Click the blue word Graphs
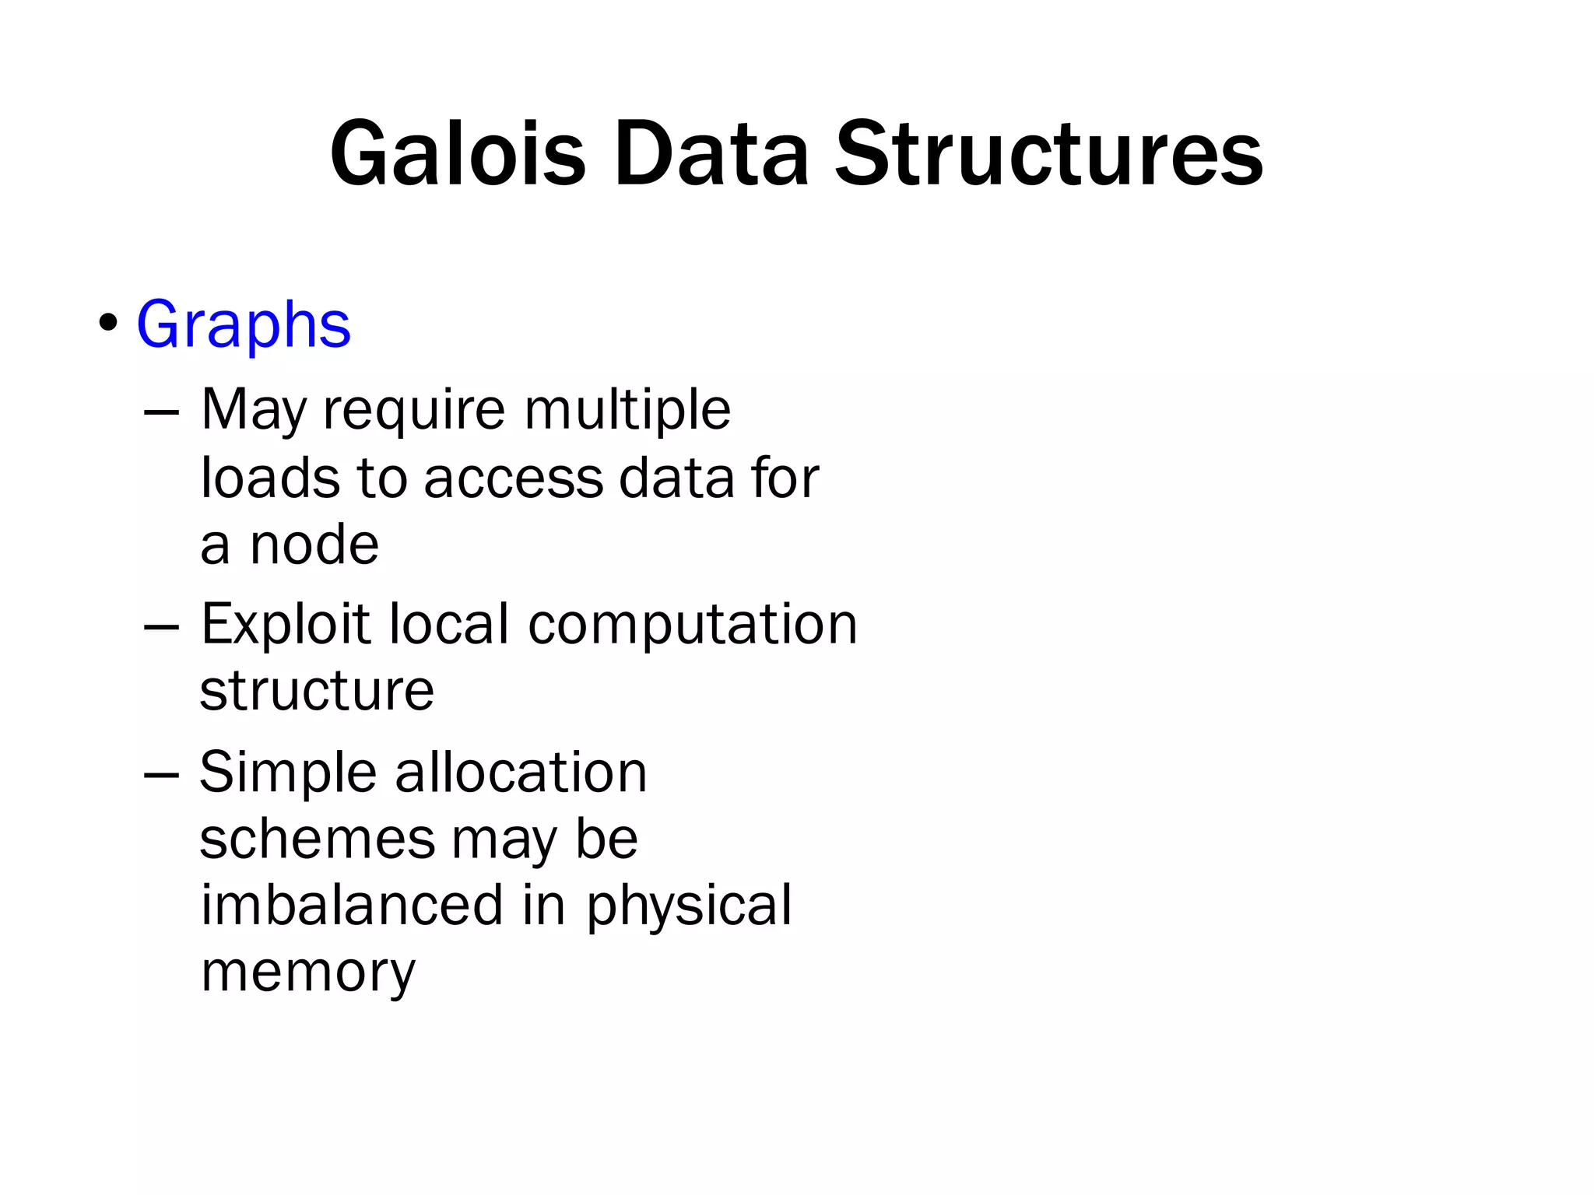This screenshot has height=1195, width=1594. pos(244,324)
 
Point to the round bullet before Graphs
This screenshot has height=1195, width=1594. pos(108,322)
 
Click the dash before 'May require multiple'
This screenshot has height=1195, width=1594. pos(162,413)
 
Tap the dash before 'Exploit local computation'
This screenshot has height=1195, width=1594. pos(162,627)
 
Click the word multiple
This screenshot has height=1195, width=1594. pos(627,410)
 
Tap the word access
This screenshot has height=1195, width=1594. pos(513,478)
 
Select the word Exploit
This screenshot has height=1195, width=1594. pos(286,625)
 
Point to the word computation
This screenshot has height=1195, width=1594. pos(692,625)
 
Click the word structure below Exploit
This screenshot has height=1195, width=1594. pos(317,691)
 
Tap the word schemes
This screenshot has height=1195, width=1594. pos(318,839)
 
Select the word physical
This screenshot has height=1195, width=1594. pos(689,906)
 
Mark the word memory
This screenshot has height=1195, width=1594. pos(308,973)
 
